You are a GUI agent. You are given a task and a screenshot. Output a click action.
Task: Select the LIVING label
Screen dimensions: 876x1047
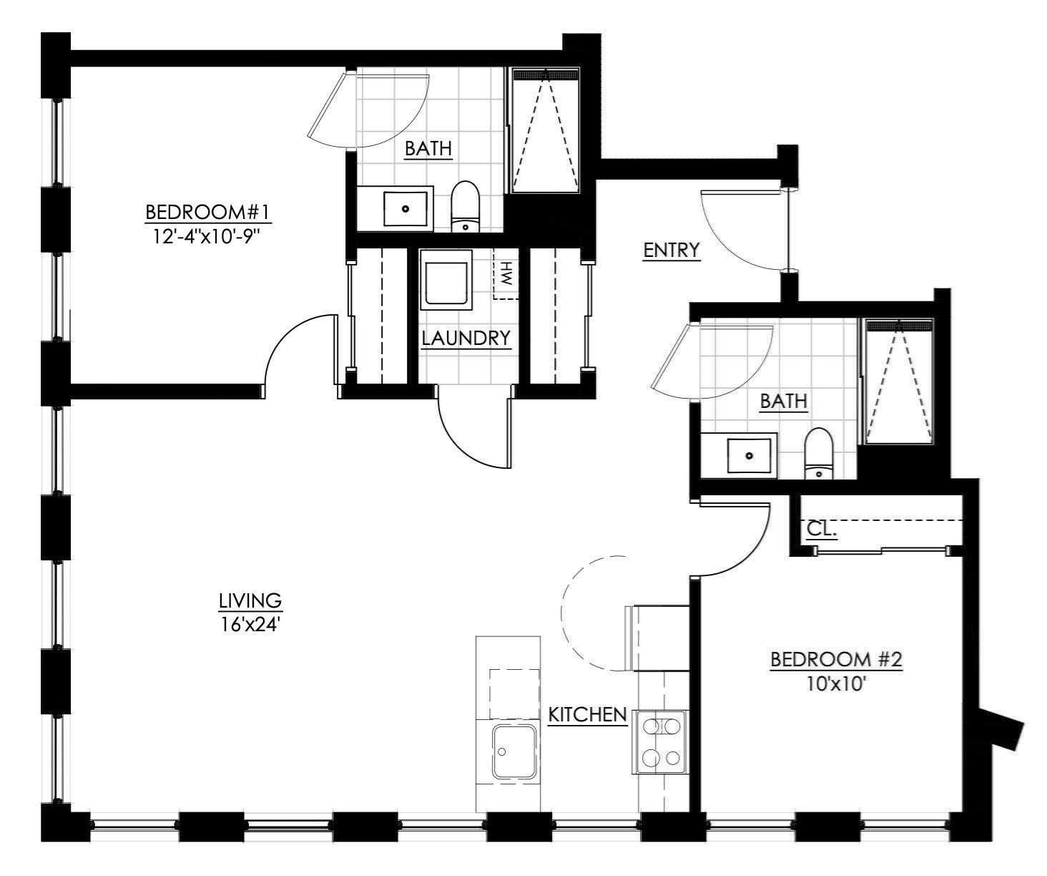(250, 600)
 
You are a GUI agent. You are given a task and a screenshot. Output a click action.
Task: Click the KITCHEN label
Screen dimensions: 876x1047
(587, 714)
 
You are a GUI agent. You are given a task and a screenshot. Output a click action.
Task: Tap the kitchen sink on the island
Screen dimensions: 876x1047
(513, 751)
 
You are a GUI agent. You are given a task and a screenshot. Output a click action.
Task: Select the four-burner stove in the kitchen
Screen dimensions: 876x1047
(659, 742)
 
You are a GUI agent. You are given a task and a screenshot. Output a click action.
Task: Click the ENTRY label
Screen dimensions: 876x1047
(670, 250)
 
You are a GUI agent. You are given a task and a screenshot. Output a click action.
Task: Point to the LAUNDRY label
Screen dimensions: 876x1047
(466, 338)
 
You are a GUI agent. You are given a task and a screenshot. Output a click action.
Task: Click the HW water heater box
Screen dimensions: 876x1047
(506, 274)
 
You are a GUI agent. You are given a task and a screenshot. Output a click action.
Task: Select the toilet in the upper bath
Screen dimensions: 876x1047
(465, 207)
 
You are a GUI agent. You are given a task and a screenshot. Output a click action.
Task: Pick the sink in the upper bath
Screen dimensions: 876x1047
(405, 209)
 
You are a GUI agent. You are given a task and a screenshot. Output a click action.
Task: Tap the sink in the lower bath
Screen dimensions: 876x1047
(749, 455)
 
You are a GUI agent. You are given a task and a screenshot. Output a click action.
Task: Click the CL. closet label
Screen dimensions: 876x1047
(822, 530)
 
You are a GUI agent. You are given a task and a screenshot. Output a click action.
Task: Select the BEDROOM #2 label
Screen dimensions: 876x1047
(835, 659)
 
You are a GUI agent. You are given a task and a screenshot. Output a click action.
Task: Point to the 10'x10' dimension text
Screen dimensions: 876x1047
(836, 683)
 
